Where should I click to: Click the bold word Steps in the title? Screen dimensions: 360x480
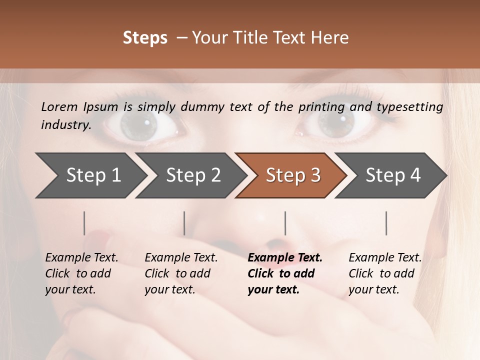coord(145,38)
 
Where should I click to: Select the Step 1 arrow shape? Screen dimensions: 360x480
coord(90,175)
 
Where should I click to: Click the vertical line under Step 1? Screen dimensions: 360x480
coord(84,223)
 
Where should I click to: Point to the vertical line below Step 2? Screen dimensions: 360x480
coord(184,223)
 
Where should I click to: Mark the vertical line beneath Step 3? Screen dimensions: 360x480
coord(285,223)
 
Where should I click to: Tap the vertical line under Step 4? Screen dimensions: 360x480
coord(386,223)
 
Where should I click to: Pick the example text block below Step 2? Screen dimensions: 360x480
coord(181,273)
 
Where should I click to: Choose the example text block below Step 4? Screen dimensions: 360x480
coord(385,273)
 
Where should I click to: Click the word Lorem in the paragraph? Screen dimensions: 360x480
coord(59,106)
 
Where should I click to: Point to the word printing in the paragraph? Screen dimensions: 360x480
coord(321,107)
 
